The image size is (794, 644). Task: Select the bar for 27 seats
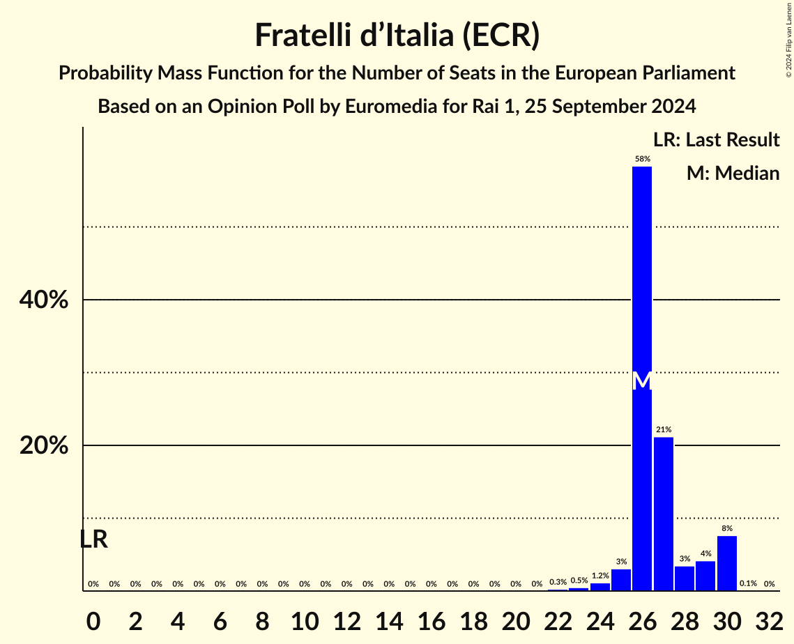coord(664,514)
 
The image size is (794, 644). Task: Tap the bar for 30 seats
coord(726,563)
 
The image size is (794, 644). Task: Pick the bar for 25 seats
coord(621,580)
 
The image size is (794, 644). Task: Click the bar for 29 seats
coord(705,576)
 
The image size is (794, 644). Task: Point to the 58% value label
coord(642,159)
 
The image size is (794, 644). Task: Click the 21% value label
coord(664,430)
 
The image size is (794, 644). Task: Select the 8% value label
coord(727,528)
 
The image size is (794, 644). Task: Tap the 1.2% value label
coord(600,576)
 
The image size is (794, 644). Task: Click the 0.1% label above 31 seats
coord(748,584)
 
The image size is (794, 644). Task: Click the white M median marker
coord(642,381)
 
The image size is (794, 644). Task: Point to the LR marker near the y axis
coord(93,539)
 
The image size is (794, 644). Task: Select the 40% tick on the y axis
coord(43,300)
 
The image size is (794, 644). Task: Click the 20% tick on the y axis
coord(43,446)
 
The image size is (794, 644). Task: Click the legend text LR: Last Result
coord(716,140)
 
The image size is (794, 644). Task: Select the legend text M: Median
coord(733,174)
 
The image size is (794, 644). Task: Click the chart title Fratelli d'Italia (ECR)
coord(397,36)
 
